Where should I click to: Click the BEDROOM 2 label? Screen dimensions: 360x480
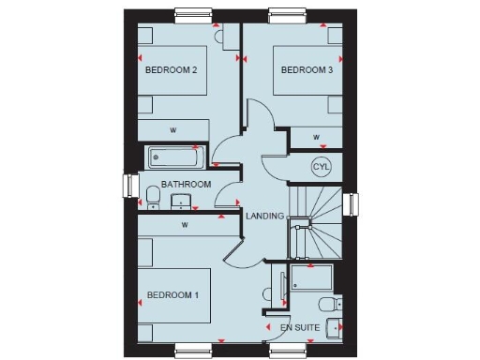click(x=171, y=69)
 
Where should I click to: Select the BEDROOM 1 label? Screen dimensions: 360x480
click(x=171, y=295)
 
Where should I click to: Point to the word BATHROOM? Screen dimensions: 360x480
click(x=186, y=185)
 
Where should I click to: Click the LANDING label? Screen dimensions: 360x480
click(x=264, y=217)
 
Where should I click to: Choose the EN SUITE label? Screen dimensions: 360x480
click(x=300, y=328)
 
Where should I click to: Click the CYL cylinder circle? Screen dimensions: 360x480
click(x=322, y=166)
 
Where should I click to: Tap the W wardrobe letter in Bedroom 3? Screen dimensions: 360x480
click(x=317, y=138)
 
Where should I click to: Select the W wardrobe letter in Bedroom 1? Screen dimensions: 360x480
click(x=185, y=225)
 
